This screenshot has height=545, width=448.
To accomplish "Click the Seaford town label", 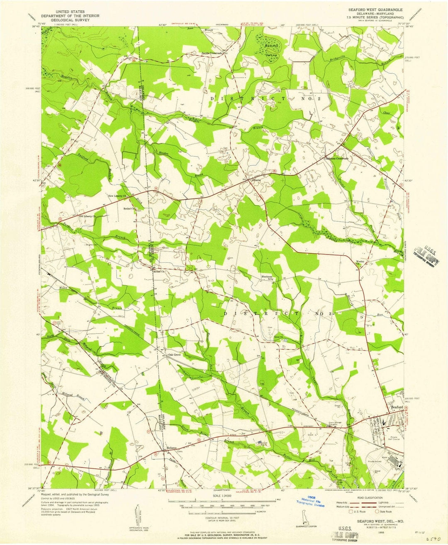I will (x=397, y=407).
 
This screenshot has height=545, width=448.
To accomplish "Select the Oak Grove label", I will (x=174, y=355).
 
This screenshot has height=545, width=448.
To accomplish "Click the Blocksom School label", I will (x=266, y=278).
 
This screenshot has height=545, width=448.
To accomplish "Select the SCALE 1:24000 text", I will (x=222, y=496).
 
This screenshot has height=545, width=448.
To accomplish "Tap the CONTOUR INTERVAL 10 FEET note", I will (x=222, y=518).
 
